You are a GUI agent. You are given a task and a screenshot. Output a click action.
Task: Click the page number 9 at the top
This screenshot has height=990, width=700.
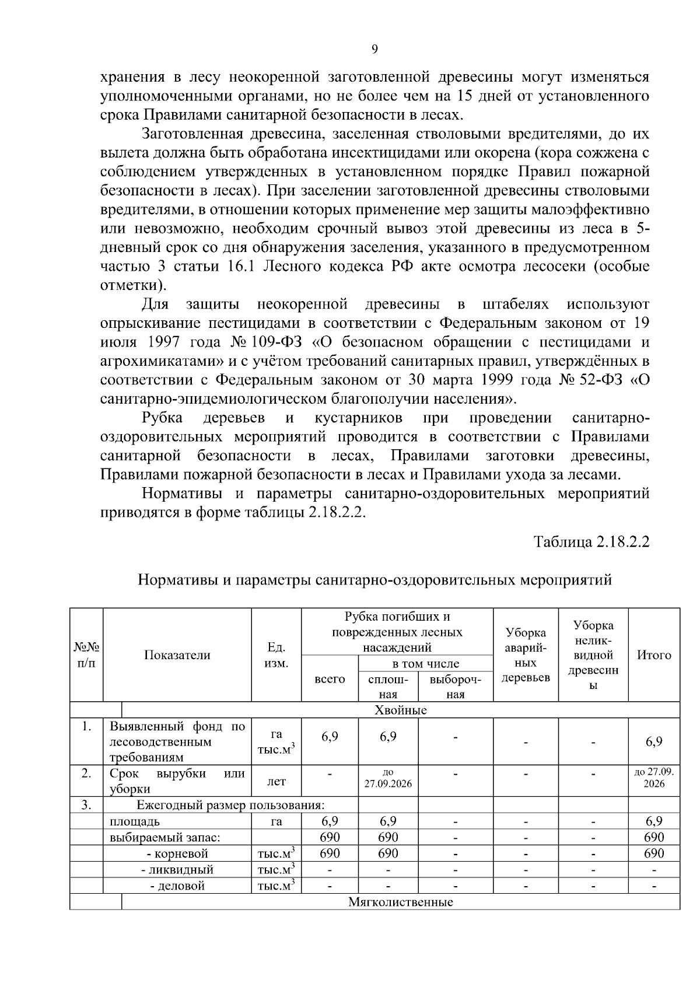point(374,49)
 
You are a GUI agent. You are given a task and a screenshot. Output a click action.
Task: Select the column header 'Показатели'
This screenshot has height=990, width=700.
point(177,655)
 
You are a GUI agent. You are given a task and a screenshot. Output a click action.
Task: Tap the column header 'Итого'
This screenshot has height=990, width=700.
point(653,655)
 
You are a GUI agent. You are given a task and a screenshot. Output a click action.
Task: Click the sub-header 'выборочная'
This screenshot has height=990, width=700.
point(455,687)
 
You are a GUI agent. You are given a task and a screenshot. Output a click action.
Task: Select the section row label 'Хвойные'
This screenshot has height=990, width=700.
point(400,710)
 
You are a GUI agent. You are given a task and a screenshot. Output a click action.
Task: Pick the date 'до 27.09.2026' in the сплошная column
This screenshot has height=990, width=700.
point(388,778)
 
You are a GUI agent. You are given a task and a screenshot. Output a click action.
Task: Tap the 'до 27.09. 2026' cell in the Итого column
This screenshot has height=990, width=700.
point(653,778)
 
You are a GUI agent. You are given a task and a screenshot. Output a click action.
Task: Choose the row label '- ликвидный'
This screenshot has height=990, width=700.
point(177,870)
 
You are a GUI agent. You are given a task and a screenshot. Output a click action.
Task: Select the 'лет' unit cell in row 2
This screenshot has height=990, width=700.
point(276,782)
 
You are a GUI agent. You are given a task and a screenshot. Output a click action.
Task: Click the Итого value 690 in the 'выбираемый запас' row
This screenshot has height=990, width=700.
point(653,838)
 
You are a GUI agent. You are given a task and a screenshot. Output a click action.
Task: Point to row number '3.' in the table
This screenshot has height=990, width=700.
point(86,806)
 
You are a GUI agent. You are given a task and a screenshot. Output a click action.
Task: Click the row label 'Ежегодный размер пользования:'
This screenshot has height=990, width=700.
point(230,806)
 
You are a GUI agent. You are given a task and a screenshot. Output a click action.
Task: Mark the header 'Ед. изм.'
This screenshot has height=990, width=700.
point(276,655)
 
